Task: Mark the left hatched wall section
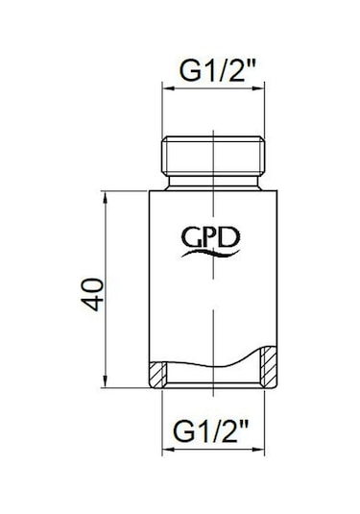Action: coord(156,377)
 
